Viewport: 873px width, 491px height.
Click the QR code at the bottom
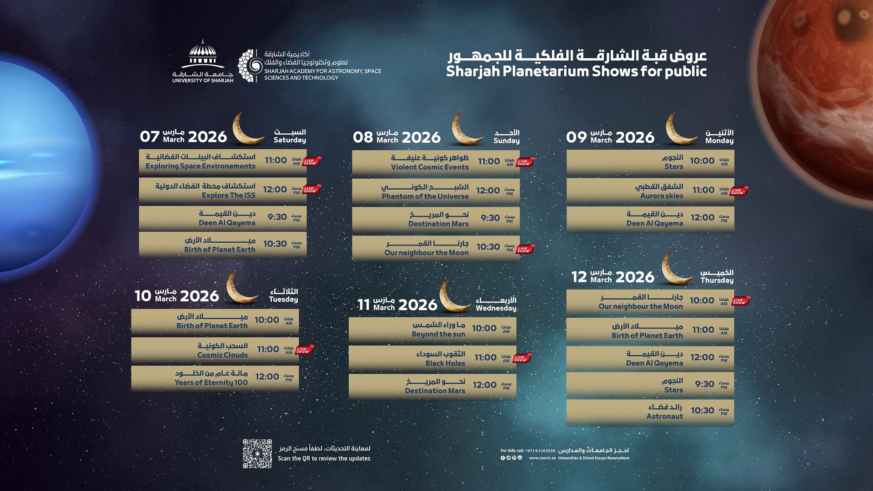[257, 453]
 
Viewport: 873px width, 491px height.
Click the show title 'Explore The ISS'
[229, 195]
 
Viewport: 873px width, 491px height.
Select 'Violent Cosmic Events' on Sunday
[430, 167]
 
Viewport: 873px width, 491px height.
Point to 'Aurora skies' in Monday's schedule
[662, 196]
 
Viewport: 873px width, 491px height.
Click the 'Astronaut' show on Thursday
[665, 416]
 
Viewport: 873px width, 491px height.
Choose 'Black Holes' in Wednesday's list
[445, 363]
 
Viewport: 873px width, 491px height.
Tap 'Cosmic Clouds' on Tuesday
[222, 355]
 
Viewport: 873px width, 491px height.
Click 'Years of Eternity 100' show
[211, 383]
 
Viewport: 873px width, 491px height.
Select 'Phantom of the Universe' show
[425, 196]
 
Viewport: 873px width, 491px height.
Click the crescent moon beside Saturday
[248, 128]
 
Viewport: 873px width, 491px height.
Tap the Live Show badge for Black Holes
[522, 358]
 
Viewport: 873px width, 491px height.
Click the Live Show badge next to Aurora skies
[739, 191]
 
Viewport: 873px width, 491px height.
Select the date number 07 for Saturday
[150, 137]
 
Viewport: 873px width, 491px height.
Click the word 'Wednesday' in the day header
[496, 308]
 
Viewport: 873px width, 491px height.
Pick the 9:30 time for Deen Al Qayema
[277, 217]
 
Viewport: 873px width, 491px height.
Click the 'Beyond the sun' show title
[438, 334]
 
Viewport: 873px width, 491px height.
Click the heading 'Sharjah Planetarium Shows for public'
[576, 71]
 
